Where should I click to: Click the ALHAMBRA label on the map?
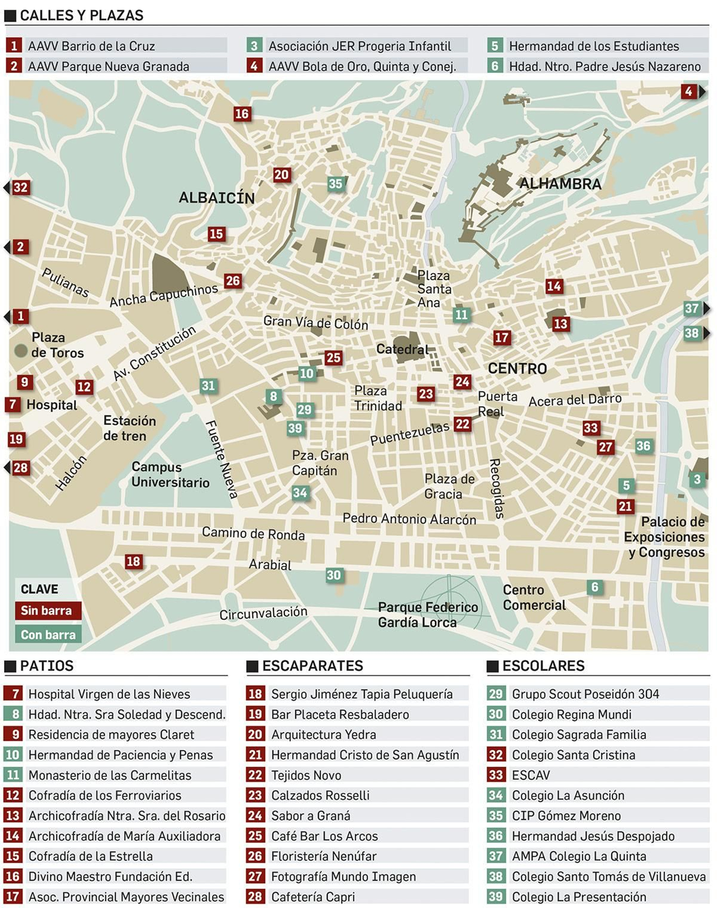pos(560,184)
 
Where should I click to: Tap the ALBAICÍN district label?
pos(216,198)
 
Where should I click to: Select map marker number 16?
pos(242,114)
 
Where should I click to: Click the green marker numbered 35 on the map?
pos(335,184)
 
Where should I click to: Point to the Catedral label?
pos(402,349)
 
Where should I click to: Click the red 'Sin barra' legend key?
pos(48,610)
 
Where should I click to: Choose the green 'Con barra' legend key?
pos(48,634)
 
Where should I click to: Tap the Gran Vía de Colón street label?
pos(315,322)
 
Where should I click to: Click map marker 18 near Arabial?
pos(133,561)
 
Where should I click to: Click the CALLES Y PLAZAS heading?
pos(81,15)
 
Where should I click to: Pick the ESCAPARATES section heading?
pos(312,665)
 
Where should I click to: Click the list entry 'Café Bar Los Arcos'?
pos(324,836)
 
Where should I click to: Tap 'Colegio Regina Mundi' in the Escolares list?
pos(571,714)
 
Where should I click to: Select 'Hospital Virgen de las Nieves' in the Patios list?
pos(109,694)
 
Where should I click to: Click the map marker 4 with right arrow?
pos(689,91)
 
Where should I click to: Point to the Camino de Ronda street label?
pos(253,534)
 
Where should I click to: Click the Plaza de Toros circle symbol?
pos(21,350)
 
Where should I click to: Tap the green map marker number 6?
pos(595,587)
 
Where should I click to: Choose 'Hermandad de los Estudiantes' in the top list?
pos(594,46)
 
